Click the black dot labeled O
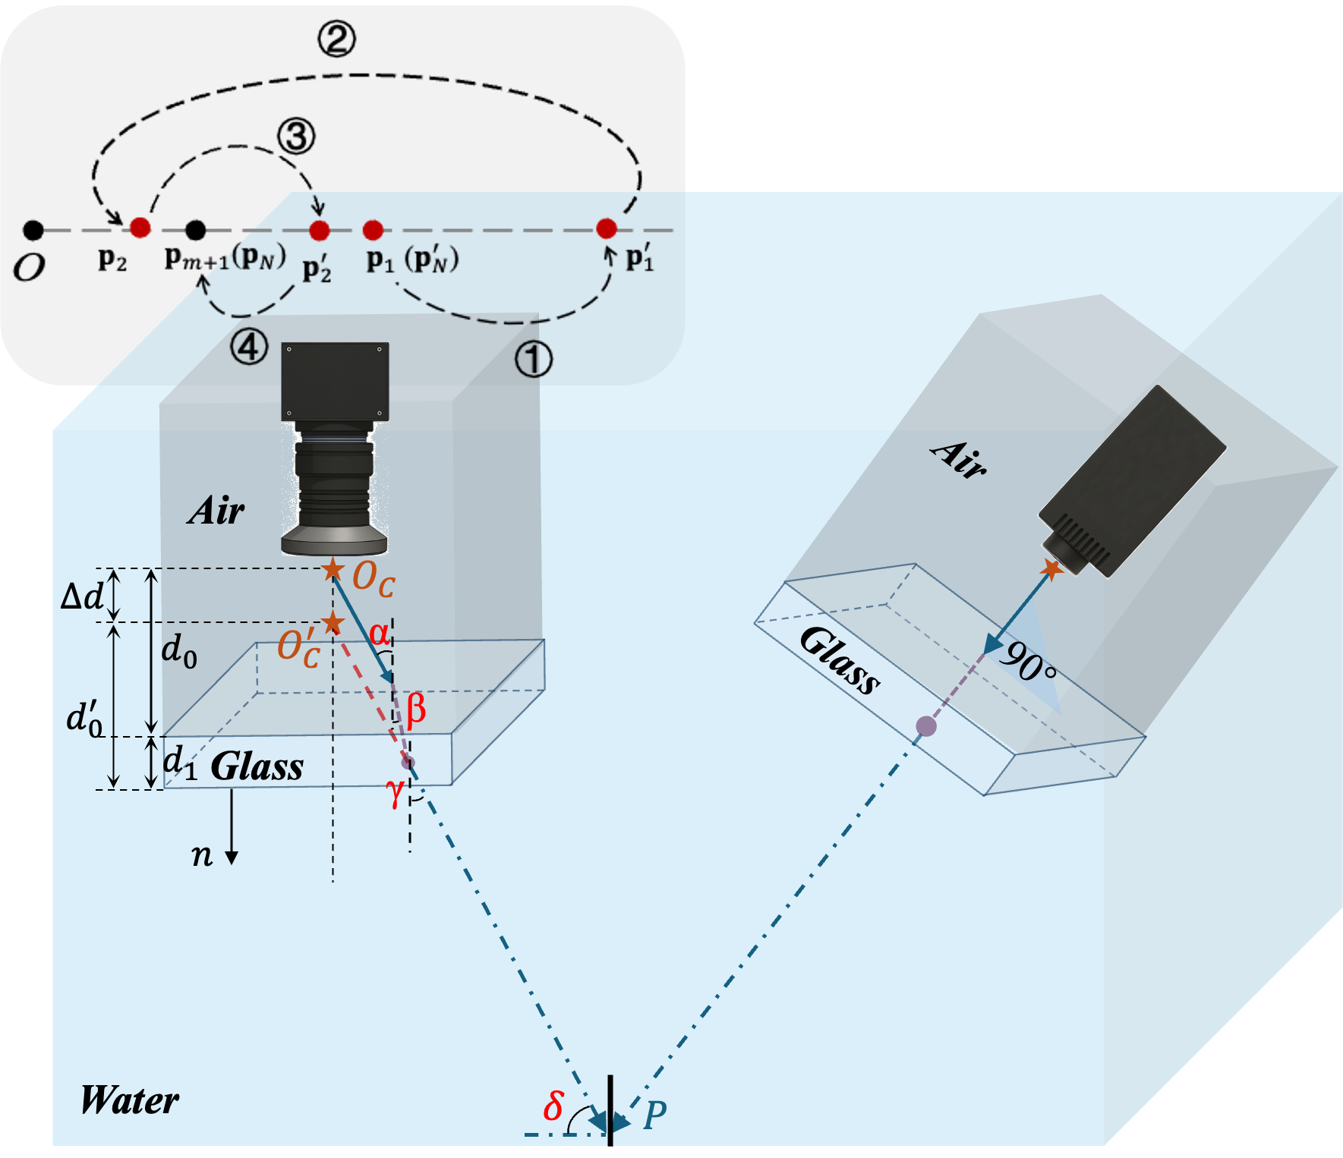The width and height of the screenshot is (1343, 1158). tap(33, 229)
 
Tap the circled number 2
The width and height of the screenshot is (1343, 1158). tap(336, 39)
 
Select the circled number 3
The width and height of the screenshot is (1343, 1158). tap(295, 137)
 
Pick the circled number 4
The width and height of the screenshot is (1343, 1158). tap(249, 348)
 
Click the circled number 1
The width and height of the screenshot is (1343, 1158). tap(534, 359)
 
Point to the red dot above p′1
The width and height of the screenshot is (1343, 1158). tap(606, 228)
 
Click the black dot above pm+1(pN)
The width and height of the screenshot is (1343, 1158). tap(195, 229)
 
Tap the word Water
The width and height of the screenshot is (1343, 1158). tap(129, 1100)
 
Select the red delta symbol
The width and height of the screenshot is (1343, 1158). tap(553, 1106)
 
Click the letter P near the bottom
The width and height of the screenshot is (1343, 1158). tap(654, 1115)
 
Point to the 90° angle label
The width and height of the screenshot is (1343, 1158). tap(1027, 662)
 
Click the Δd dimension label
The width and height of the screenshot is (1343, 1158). tap(82, 596)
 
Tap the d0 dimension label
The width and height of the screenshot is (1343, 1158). tap(179, 651)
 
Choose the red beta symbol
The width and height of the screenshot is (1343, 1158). tap(415, 710)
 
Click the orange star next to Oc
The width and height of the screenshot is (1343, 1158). tap(332, 569)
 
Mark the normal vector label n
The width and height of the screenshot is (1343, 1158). tap(201, 855)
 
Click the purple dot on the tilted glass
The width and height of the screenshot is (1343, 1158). tap(925, 726)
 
